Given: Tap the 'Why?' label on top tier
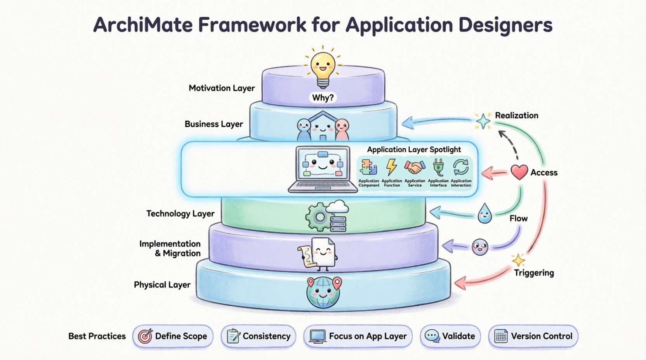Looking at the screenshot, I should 323,98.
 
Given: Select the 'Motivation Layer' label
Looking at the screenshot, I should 222,88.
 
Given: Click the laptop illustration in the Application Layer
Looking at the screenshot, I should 322,169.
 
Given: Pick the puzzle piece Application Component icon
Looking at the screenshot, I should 368,168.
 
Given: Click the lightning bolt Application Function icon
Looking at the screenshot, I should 391,167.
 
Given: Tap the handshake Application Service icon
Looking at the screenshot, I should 415,168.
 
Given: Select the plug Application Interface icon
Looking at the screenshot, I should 438,167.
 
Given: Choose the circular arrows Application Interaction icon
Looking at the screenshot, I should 461,168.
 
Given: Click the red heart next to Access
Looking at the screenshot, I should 519,172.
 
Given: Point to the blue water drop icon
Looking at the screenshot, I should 484,214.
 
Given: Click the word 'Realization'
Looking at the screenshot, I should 516,115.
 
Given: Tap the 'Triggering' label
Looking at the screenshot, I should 534,273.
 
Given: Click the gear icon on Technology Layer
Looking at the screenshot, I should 320,217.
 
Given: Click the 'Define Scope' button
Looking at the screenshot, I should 173,336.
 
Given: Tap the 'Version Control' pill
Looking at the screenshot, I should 533,336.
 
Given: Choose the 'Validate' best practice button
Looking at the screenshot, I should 450,336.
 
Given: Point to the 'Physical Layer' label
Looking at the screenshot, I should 162,285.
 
